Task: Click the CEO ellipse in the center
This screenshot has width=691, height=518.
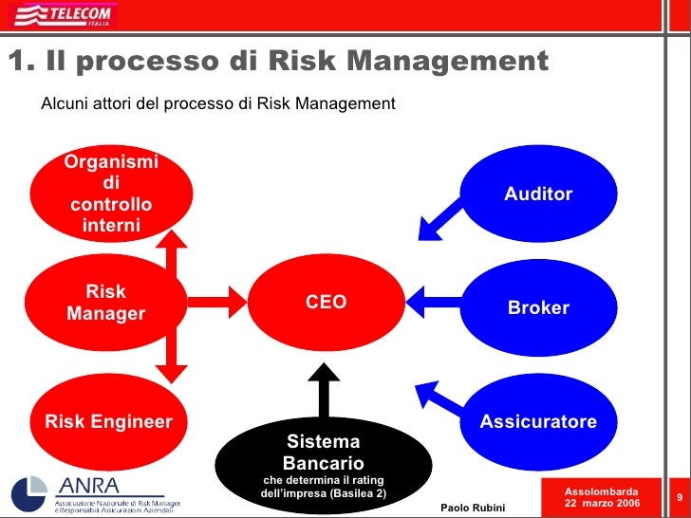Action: click(x=326, y=303)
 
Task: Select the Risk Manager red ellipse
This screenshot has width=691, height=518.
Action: click(x=106, y=303)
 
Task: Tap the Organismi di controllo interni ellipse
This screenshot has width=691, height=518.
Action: click(x=110, y=194)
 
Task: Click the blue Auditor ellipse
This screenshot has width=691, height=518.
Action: click(x=538, y=194)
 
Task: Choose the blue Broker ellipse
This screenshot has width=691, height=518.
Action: click(x=538, y=307)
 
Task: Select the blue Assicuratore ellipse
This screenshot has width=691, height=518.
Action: click(x=538, y=421)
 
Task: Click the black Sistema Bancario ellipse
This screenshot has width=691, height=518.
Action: click(x=323, y=463)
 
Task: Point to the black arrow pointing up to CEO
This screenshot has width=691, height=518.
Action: click(x=324, y=389)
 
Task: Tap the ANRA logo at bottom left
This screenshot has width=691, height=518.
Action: click(x=95, y=491)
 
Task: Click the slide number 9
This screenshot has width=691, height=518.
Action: click(x=679, y=498)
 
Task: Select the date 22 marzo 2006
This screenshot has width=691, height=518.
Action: click(x=602, y=502)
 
